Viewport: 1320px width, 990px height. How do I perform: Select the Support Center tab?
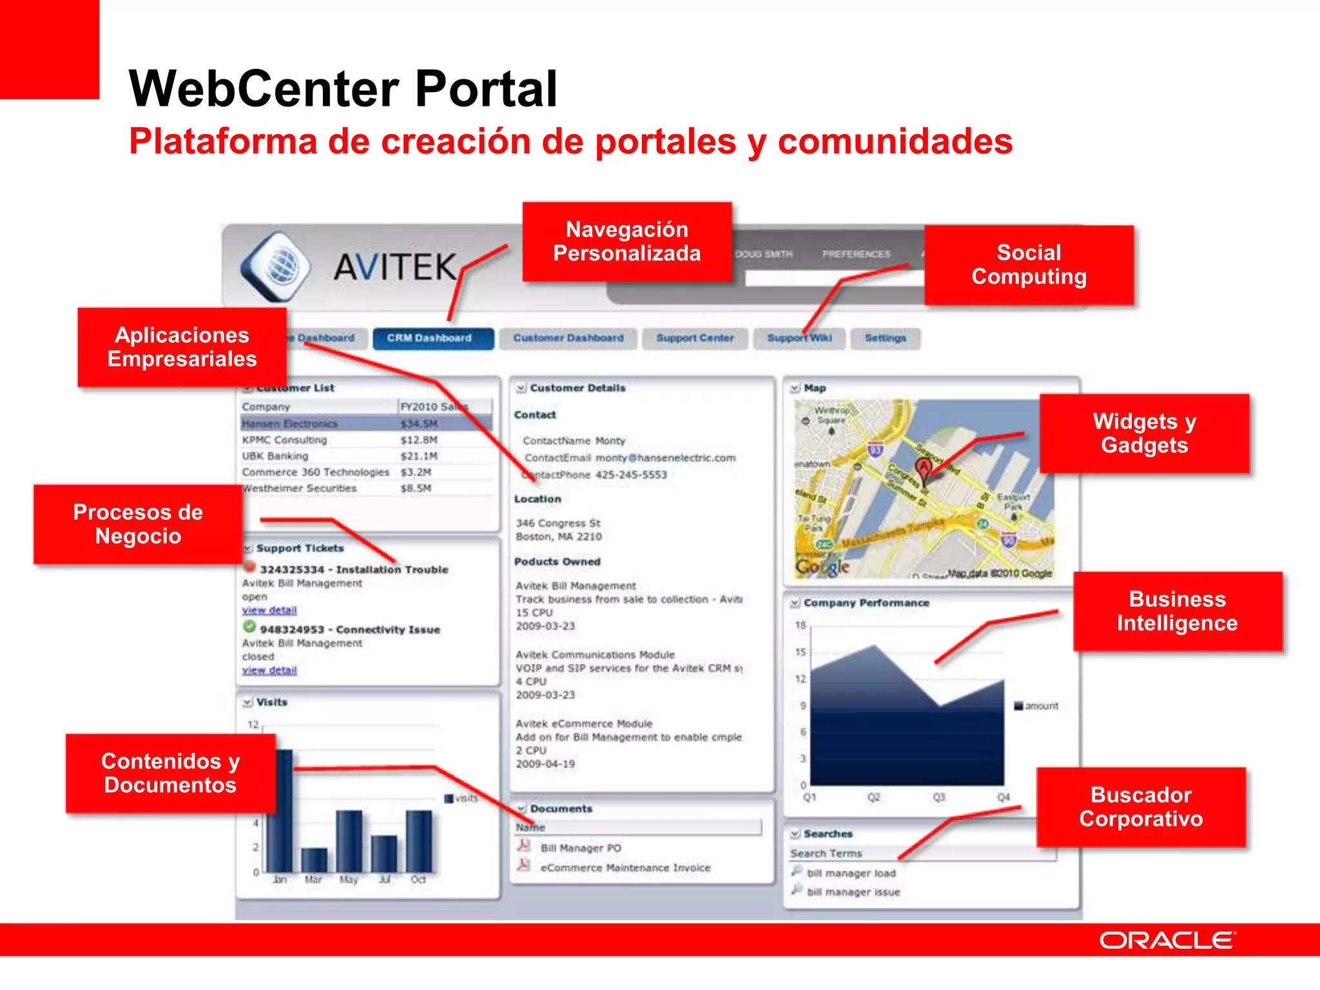click(695, 338)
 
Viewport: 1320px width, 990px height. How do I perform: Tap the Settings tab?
click(885, 338)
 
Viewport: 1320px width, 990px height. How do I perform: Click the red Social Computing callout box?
click(1029, 265)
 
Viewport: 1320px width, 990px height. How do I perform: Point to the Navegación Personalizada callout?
click(626, 242)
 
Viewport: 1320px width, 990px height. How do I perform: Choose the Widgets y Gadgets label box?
click(1144, 433)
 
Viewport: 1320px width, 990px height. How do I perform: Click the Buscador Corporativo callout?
click(1141, 807)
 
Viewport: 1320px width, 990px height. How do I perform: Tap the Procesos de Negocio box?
click(138, 524)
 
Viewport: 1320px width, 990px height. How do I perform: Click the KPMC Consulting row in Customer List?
click(285, 440)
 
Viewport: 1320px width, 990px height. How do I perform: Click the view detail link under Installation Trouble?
click(269, 610)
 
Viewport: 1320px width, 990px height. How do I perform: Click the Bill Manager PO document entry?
click(580, 848)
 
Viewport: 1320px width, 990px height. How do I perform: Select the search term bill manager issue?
click(853, 893)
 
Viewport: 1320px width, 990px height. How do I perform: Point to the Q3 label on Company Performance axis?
click(939, 797)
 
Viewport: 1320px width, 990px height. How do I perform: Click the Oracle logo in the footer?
click(1167, 940)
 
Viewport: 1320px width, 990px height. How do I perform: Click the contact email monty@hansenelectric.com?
click(665, 458)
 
